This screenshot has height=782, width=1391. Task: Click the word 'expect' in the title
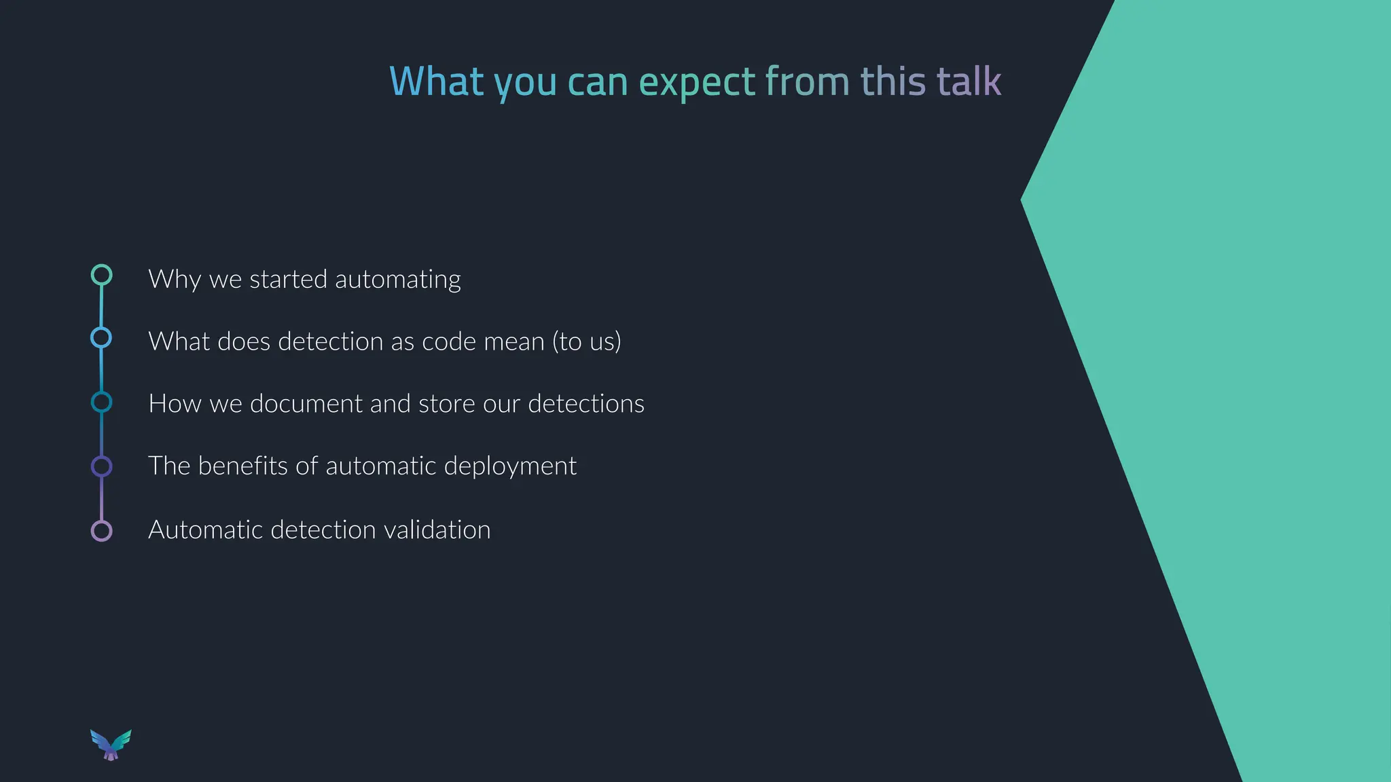pyautogui.click(x=697, y=81)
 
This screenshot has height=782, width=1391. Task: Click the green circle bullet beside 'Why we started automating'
pyautogui.click(x=101, y=275)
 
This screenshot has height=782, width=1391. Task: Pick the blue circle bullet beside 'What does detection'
pyautogui.click(x=101, y=337)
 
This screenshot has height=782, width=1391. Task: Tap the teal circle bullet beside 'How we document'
pyautogui.click(x=101, y=402)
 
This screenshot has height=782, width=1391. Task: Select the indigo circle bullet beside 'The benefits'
pyautogui.click(x=101, y=466)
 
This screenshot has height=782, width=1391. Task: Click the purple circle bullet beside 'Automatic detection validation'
pyautogui.click(x=101, y=530)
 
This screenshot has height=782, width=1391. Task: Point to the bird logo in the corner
pyautogui.click(x=111, y=745)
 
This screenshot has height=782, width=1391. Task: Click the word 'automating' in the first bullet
pyautogui.click(x=397, y=280)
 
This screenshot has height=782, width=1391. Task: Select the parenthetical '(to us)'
pyautogui.click(x=586, y=341)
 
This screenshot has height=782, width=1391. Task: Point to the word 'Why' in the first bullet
pyautogui.click(x=175, y=280)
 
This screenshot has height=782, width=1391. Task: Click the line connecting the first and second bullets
pyautogui.click(x=101, y=306)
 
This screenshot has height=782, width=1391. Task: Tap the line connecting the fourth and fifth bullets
pyautogui.click(x=101, y=498)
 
